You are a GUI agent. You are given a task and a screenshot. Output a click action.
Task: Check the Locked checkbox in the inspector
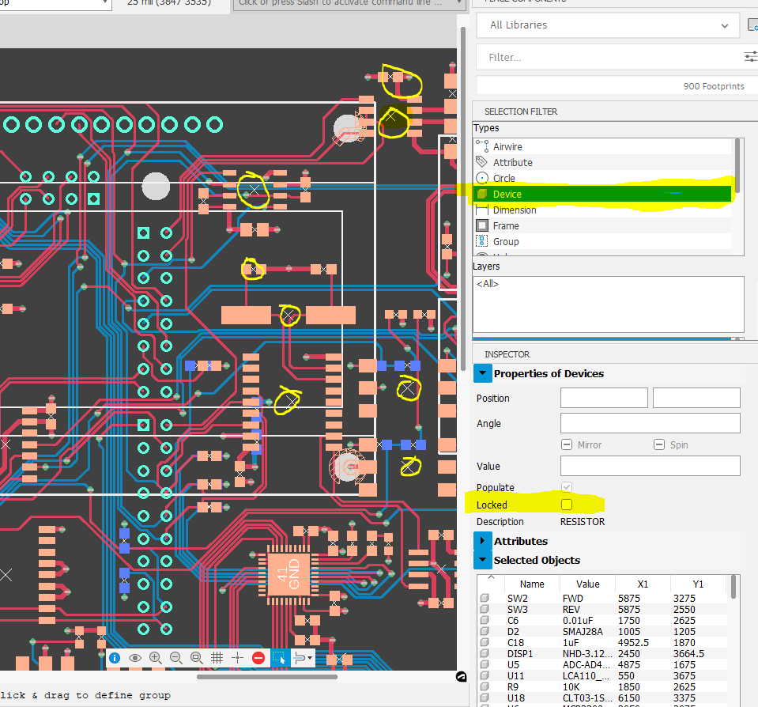pyautogui.click(x=566, y=505)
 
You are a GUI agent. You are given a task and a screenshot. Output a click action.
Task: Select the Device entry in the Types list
pyautogui.click(x=507, y=194)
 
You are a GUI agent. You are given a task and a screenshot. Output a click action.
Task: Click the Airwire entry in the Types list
pyautogui.click(x=507, y=146)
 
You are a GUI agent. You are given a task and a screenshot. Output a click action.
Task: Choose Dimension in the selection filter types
pyautogui.click(x=514, y=210)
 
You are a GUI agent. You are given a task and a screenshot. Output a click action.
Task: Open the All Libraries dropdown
pyautogui.click(x=609, y=25)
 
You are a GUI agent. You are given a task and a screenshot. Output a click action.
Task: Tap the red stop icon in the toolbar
pyautogui.click(x=258, y=658)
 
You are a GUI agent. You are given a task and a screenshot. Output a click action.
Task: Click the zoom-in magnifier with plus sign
pyautogui.click(x=155, y=658)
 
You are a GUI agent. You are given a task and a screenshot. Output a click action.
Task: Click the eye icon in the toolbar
pyautogui.click(x=135, y=658)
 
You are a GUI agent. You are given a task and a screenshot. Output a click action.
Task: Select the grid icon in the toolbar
pyautogui.click(x=217, y=658)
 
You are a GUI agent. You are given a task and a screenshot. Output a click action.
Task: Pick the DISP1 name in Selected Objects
pyautogui.click(x=520, y=654)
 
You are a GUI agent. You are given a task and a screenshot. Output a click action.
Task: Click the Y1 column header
pyautogui.click(x=698, y=584)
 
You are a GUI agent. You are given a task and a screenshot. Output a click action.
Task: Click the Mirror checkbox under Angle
pyautogui.click(x=567, y=445)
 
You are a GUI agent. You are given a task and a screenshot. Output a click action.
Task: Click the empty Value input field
pyautogui.click(x=650, y=466)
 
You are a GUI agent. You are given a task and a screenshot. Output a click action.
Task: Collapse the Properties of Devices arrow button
pyautogui.click(x=482, y=373)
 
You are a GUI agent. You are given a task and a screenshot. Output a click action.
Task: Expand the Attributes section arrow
pyautogui.click(x=482, y=541)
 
